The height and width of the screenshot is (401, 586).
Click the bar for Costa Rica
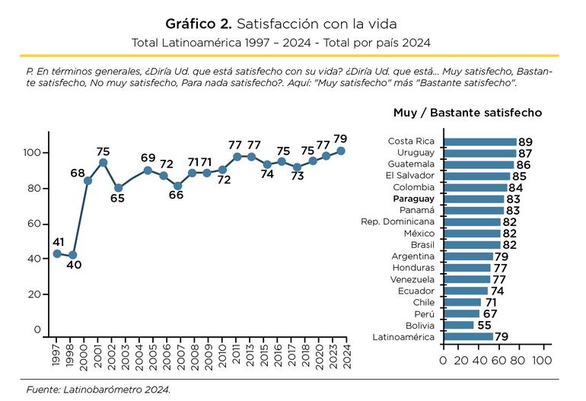[479, 142]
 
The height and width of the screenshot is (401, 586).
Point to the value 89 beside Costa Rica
[524, 142]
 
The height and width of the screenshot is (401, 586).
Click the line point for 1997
[57, 253]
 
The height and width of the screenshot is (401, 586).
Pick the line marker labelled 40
[72, 256]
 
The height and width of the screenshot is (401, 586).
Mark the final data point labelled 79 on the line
[341, 151]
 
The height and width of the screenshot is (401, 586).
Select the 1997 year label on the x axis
[57, 355]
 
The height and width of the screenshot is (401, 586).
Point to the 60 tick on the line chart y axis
[34, 224]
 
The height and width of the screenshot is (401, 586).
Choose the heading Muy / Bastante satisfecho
[467, 113]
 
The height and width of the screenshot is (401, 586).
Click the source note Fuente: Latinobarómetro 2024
[98, 389]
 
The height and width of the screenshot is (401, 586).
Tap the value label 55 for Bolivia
[483, 325]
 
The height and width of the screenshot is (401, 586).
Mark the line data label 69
[148, 158]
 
